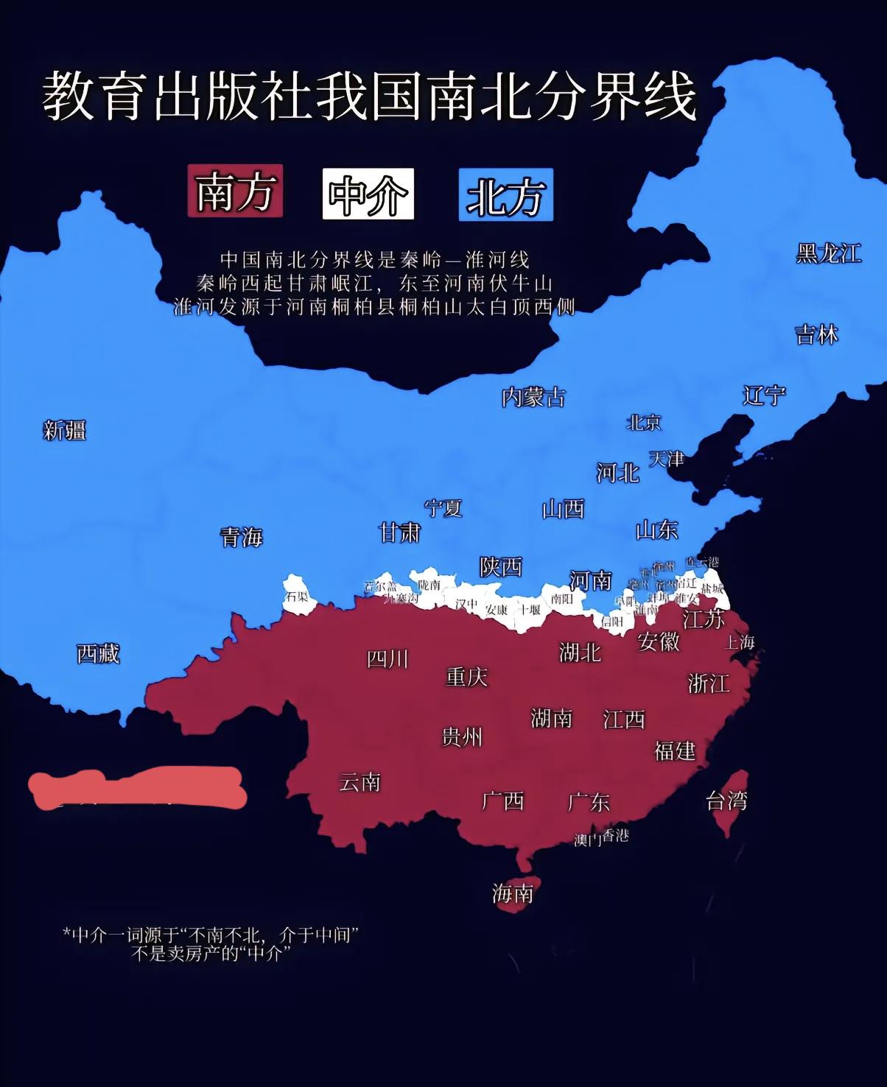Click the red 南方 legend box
pos(235,191)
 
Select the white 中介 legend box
pos(368,194)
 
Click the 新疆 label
pos(65,430)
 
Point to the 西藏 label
pos(98,653)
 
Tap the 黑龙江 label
pos(829,253)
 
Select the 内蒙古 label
pos(533,398)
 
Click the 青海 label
pos(242,538)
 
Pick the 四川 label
pos(388,658)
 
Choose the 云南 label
pos(360,782)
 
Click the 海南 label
pos(513,893)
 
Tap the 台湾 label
pos(726,801)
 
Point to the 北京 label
pos(644,423)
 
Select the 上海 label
pos(740,642)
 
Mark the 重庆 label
pos(466,677)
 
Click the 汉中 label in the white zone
pos(466,605)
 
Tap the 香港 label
pos(616,836)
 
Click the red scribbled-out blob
pos(136,787)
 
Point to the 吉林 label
pos(817,335)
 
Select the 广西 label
pos(502,801)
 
